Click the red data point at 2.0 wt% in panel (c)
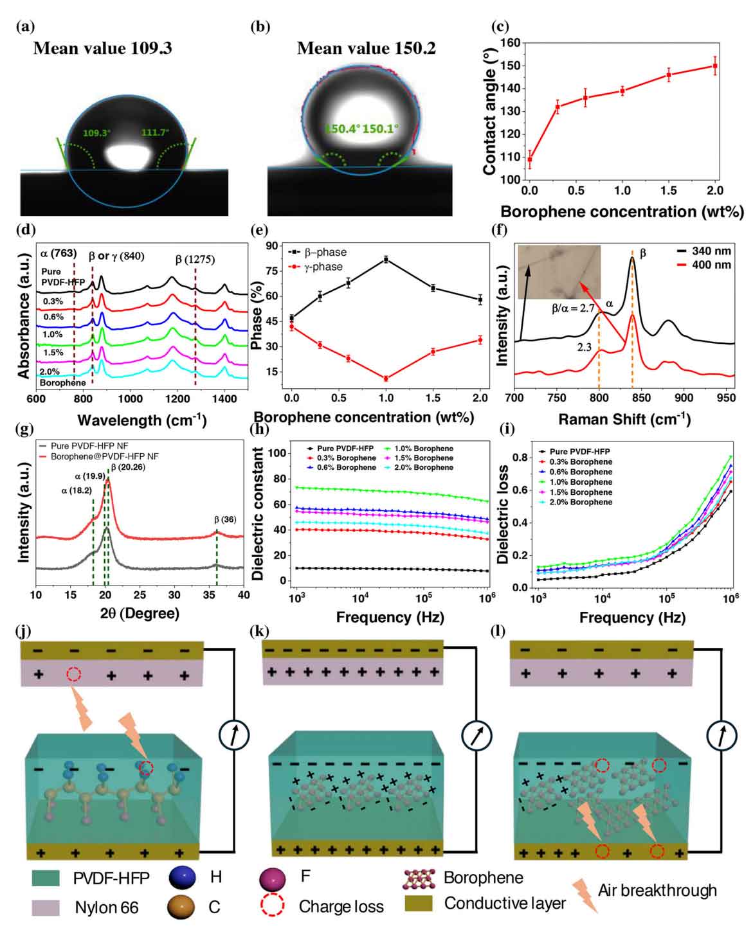715,66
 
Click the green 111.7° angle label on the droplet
155,132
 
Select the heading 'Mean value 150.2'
366,49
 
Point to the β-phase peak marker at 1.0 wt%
386,259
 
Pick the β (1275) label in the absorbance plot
195,260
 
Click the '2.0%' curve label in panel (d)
50,371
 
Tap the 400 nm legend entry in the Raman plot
711,264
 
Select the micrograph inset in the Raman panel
559,272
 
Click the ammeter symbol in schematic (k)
476,734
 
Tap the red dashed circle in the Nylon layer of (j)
74,674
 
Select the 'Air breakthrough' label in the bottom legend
657,890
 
